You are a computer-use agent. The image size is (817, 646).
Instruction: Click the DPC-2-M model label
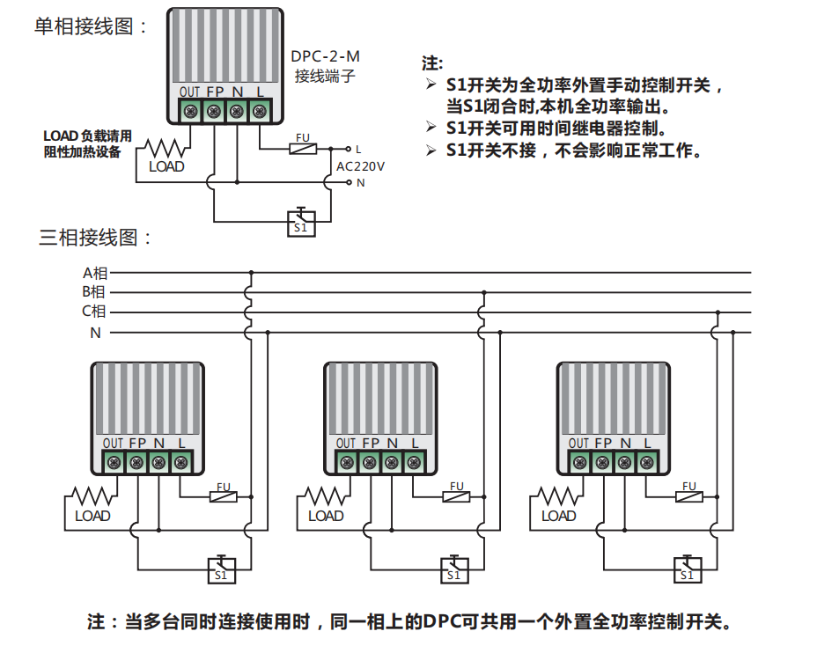pyautogui.click(x=325, y=56)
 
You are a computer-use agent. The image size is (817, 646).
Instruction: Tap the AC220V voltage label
pyautogui.click(x=360, y=165)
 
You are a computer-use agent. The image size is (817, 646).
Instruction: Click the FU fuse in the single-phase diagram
pyautogui.click(x=303, y=149)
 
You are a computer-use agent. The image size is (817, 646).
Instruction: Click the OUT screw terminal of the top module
pyautogui.click(x=190, y=112)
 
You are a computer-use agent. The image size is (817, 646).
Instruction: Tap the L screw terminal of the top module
pyautogui.click(x=259, y=112)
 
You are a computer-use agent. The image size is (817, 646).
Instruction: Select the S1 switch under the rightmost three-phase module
pyautogui.click(x=687, y=569)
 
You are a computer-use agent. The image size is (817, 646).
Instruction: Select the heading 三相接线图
pyautogui.click(x=96, y=238)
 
